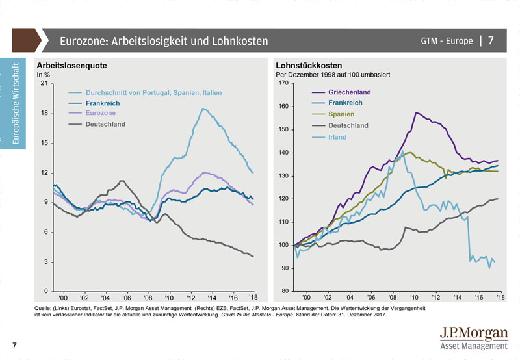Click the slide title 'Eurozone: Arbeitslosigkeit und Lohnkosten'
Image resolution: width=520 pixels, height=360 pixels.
163,41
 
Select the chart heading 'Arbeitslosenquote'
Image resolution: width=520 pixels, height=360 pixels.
71,66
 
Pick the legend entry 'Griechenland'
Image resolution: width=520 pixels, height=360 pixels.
349,92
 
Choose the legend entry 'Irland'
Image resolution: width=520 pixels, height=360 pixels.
337,137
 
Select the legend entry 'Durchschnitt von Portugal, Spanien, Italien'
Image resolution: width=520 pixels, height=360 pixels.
153,93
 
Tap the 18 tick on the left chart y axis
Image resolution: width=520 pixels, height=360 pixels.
44,113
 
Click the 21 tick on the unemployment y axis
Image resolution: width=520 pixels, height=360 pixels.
44,83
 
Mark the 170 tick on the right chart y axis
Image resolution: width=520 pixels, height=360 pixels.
283,83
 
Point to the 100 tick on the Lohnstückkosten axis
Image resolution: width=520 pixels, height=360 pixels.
283,245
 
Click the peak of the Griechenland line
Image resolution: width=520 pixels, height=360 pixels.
416,112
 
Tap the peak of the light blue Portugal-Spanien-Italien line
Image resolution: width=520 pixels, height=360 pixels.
203,109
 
